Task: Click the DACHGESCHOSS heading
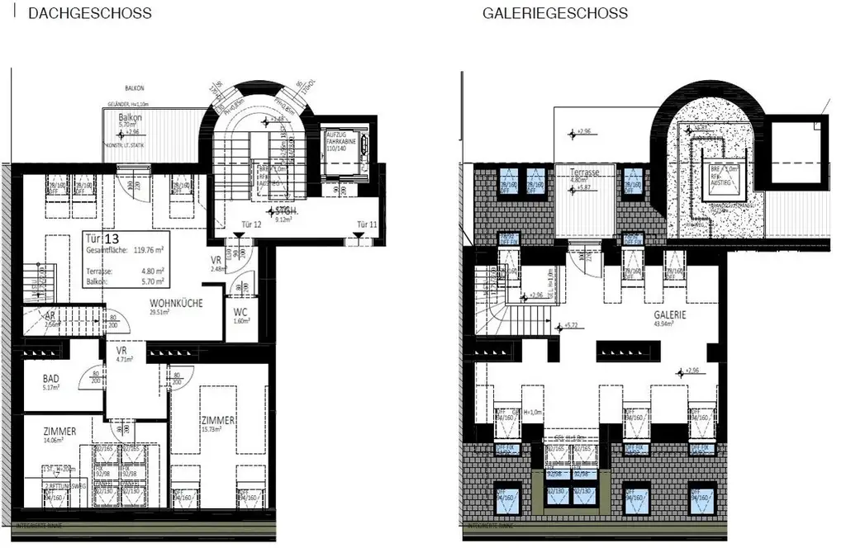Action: click(x=89, y=13)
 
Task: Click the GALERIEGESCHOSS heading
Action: click(x=555, y=13)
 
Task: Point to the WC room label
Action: click(x=241, y=312)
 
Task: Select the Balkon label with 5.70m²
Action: click(x=131, y=118)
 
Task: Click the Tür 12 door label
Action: click(x=251, y=224)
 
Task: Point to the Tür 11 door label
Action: click(x=367, y=224)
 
